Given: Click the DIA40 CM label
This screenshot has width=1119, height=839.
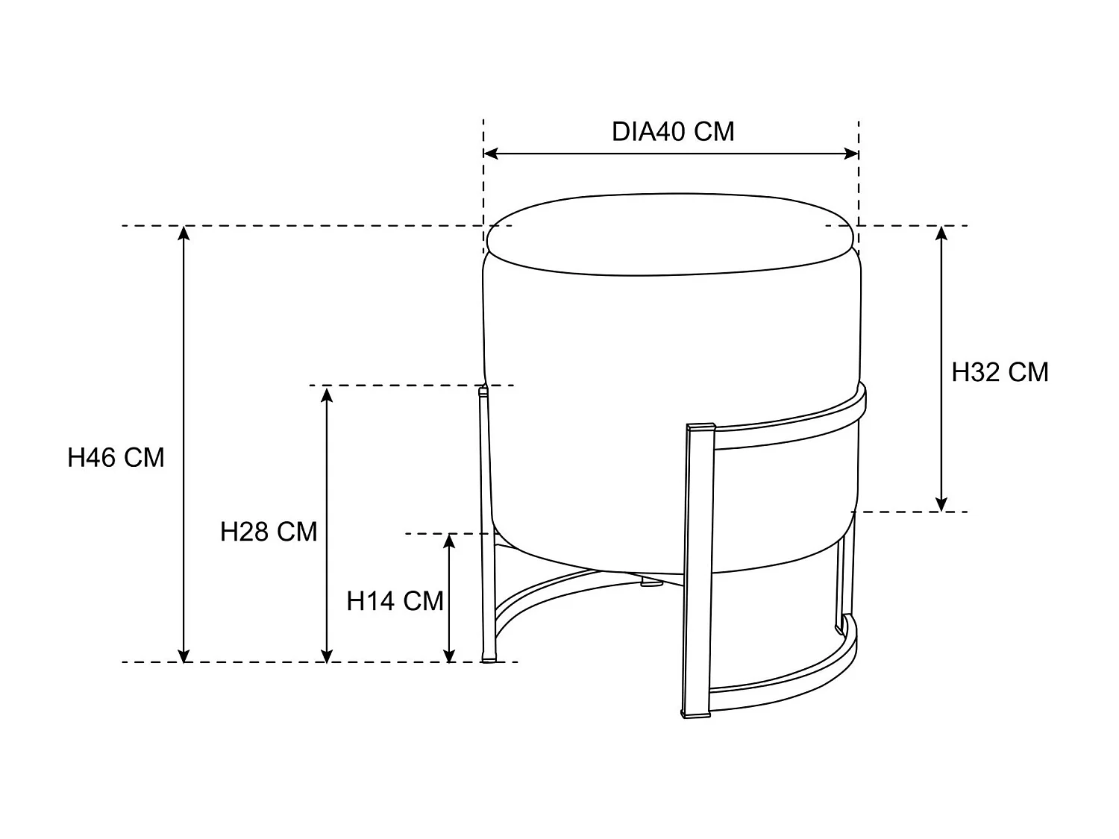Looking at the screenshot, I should [x=673, y=131].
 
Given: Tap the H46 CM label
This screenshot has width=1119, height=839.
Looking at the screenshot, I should [x=116, y=457].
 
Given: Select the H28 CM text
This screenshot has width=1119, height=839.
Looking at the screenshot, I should [x=269, y=532].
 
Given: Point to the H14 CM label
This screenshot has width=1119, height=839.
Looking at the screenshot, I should [x=395, y=600].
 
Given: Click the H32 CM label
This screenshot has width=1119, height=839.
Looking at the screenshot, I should [x=1000, y=371].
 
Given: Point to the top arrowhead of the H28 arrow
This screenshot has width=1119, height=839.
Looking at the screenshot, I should [x=326, y=393].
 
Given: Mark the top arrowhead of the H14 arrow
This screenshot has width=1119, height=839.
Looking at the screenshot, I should [x=449, y=541].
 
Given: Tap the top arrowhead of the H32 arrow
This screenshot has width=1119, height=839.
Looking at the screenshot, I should [x=941, y=233].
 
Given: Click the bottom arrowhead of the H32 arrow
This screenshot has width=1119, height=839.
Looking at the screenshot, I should [x=941, y=503].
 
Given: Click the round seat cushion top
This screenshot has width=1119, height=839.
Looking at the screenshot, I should [x=671, y=233].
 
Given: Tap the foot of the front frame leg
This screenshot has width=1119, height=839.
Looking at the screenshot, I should [x=697, y=714].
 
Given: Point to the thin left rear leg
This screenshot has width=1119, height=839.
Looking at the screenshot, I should [x=486, y=522].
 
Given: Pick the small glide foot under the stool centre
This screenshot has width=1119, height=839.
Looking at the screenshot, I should [x=651, y=582].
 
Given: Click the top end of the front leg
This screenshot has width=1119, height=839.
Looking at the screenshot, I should [x=700, y=428].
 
